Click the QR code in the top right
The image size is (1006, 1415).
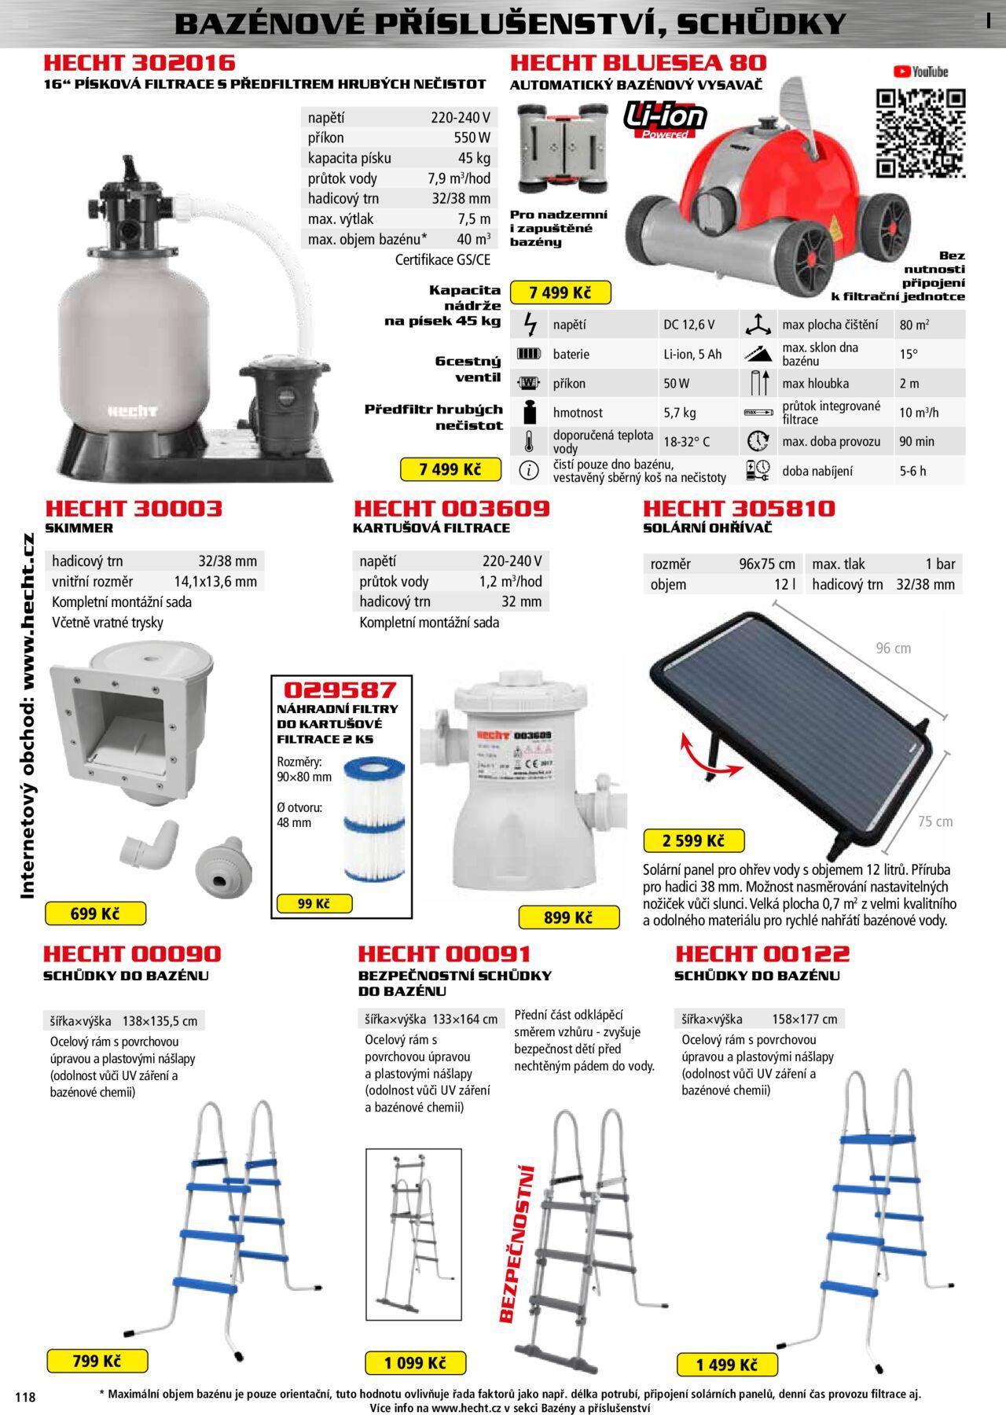click(x=920, y=134)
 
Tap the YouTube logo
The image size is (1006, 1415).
click(x=920, y=72)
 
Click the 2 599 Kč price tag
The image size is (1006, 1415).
click(x=693, y=840)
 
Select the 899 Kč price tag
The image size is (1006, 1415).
click(x=568, y=917)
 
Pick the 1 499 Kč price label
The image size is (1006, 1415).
click(x=727, y=1365)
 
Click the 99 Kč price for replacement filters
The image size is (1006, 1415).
click(x=313, y=904)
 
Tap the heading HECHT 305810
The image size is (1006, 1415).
click(x=739, y=509)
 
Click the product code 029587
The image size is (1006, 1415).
click(x=340, y=690)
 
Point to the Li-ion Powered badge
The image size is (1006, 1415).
click(x=665, y=120)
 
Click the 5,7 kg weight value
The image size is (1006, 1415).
click(x=679, y=413)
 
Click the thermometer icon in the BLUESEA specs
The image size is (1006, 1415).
click(x=530, y=442)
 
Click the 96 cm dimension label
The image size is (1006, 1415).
click(x=894, y=649)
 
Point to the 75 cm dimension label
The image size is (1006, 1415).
click(x=935, y=821)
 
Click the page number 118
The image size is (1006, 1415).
click(x=25, y=1397)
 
